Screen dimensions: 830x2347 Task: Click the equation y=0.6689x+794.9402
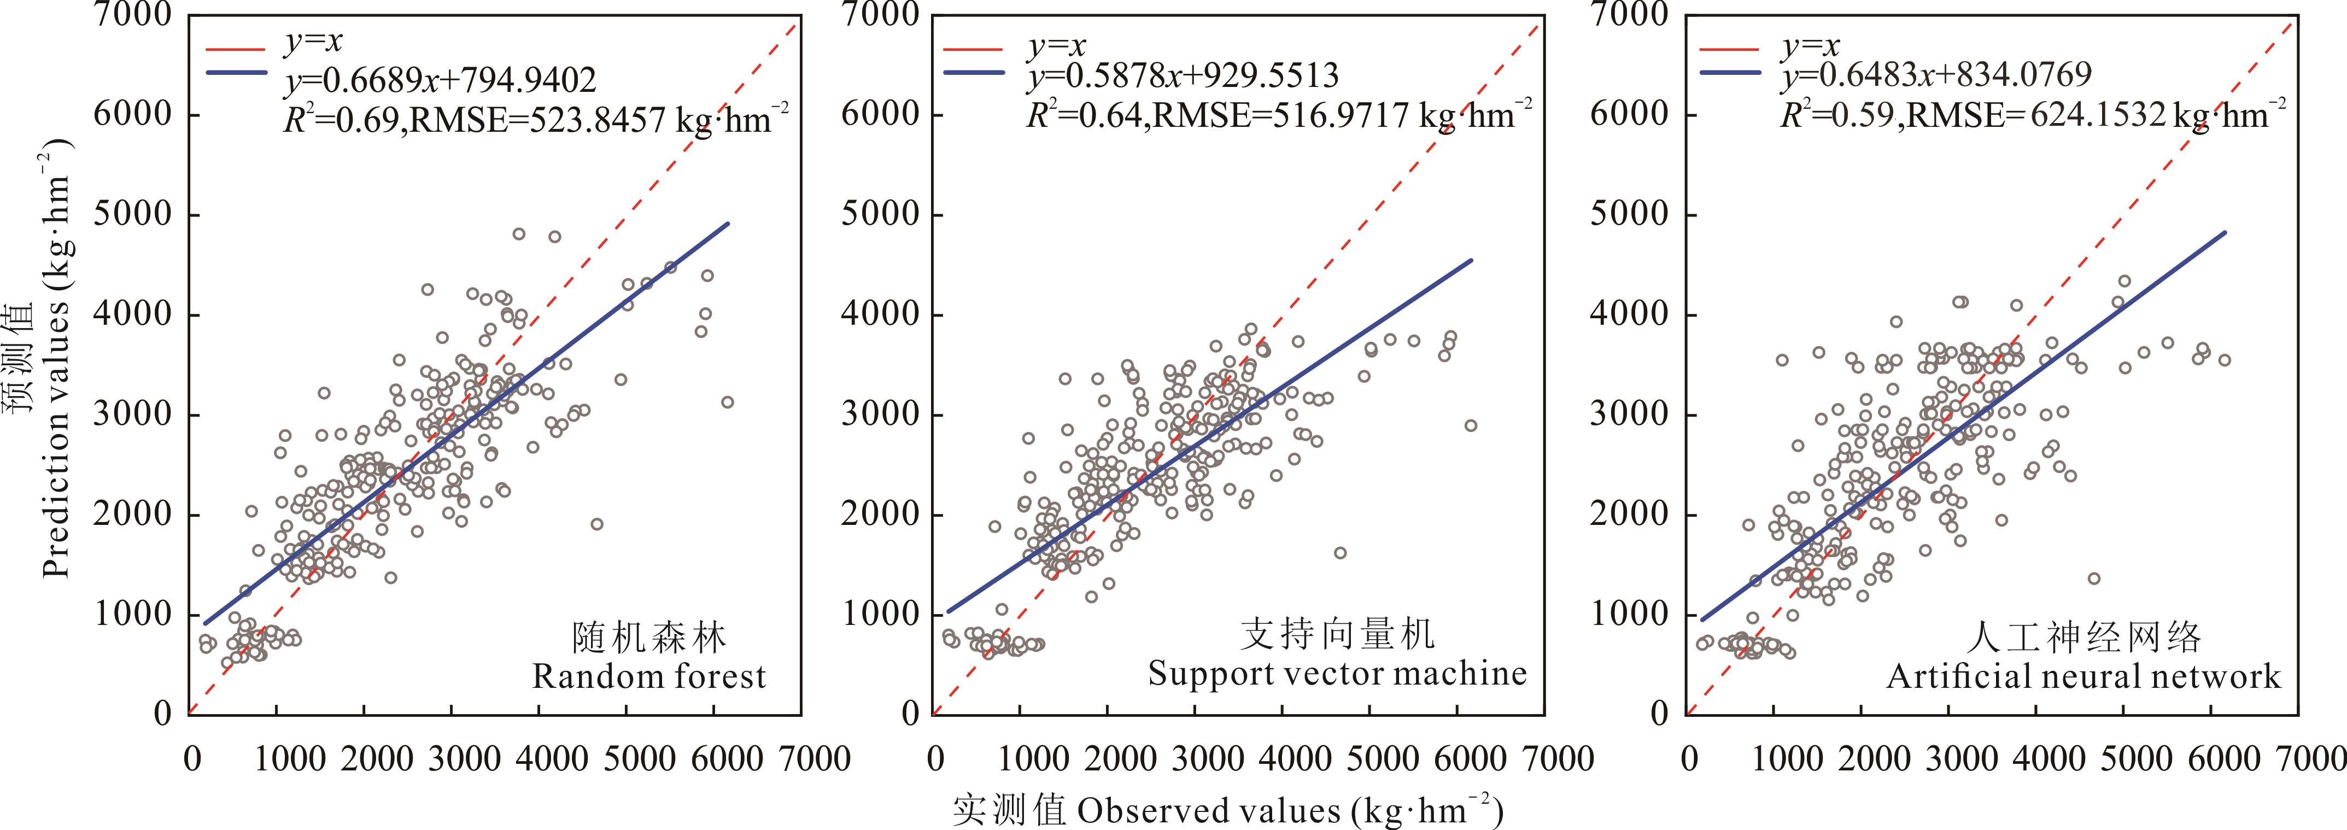440,80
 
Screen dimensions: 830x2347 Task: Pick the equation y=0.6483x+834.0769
1936,75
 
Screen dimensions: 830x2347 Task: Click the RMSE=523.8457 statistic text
592,119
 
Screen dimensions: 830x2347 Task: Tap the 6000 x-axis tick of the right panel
2210,758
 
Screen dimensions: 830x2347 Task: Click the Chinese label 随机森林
649,638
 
